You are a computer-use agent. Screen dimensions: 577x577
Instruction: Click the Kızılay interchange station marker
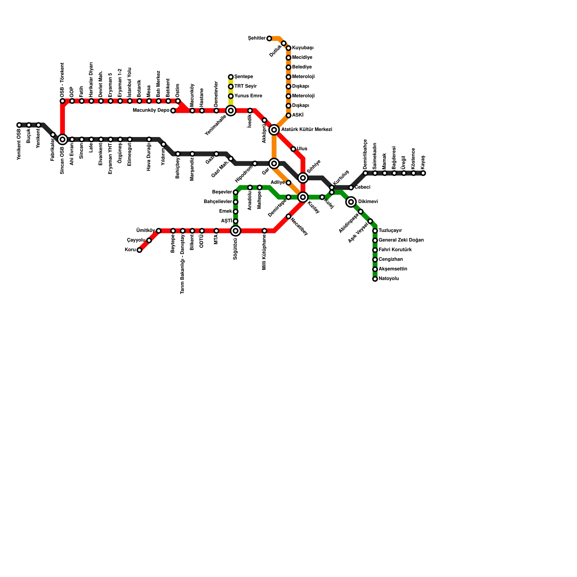pyautogui.click(x=303, y=197)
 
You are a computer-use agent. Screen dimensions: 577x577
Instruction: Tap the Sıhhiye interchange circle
pyautogui.click(x=303, y=178)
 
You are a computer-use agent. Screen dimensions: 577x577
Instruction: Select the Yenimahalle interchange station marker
pyautogui.click(x=231, y=110)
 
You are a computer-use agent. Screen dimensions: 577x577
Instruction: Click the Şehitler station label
pyautogui.click(x=257, y=38)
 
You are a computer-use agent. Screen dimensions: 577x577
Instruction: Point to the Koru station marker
pyautogui.click(x=139, y=250)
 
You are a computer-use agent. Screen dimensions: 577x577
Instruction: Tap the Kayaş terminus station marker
pyautogui.click(x=423, y=173)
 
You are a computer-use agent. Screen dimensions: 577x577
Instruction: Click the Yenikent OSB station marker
pyautogui.click(x=19, y=125)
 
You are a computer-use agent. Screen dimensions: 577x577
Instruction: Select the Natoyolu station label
pyautogui.click(x=389, y=279)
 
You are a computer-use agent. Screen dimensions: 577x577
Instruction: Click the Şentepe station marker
pyautogui.click(x=231, y=77)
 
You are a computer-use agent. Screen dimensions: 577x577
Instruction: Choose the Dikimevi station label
pyautogui.click(x=368, y=202)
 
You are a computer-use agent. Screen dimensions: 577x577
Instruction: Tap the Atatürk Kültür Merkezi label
pyautogui.click(x=307, y=129)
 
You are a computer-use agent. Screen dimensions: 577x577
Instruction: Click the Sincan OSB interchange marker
pyautogui.click(x=62, y=139)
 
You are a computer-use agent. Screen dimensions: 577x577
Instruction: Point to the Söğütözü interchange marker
pyautogui.click(x=235, y=231)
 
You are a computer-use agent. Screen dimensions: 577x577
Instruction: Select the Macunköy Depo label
pyautogui.click(x=151, y=110)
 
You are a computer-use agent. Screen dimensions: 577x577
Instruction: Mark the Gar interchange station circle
pyautogui.click(x=274, y=163)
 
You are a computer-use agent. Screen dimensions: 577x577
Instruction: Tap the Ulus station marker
pyautogui.click(x=293, y=149)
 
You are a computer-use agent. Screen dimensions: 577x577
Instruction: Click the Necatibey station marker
pyautogui.click(x=288, y=216)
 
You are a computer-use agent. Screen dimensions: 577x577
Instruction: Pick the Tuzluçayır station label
pyautogui.click(x=390, y=231)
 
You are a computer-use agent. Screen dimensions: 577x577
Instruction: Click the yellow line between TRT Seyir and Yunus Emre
pyautogui.click(x=231, y=91)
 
